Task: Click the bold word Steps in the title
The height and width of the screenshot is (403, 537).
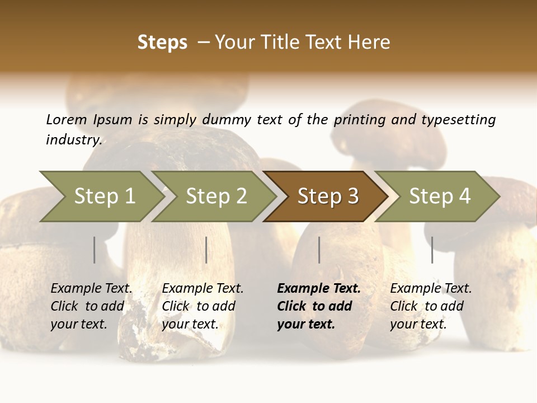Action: tap(162, 42)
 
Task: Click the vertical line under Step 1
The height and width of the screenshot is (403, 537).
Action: tap(95, 250)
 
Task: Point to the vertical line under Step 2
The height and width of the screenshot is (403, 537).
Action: tap(206, 250)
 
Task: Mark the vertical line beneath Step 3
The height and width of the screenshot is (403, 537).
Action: tap(319, 250)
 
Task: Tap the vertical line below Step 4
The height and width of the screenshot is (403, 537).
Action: tap(432, 250)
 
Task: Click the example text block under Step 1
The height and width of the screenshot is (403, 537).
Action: tap(91, 306)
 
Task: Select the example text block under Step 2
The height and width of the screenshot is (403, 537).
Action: tap(202, 306)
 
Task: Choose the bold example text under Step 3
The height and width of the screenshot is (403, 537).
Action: tap(319, 306)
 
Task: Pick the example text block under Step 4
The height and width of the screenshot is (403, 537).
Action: tap(431, 306)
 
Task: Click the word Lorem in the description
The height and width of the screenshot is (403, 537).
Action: tap(67, 119)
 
